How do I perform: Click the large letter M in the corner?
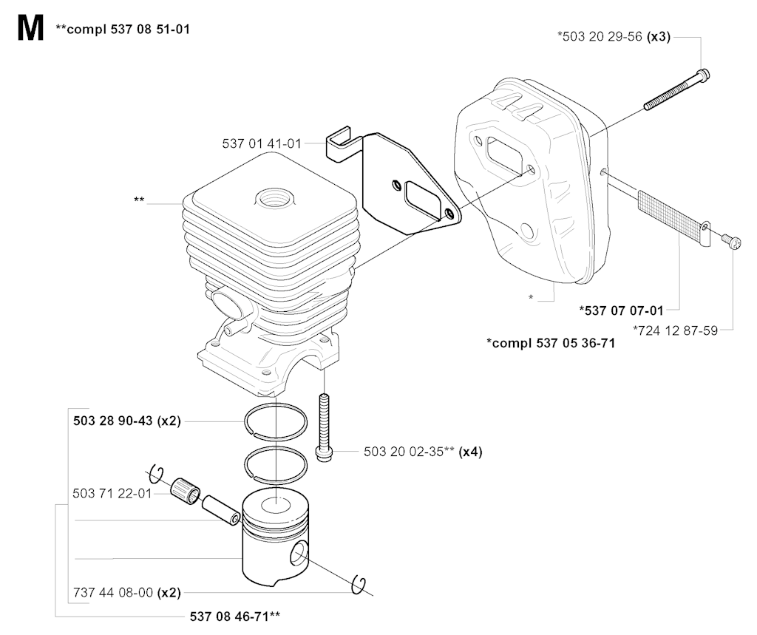point(30,29)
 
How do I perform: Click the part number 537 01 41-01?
point(261,143)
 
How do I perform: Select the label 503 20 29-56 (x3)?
point(614,37)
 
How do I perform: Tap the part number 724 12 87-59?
point(676,330)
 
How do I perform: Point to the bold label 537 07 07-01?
point(621,310)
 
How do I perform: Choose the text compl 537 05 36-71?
point(551,343)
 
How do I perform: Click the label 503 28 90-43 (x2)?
point(127,421)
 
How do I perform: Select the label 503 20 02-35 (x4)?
point(423,452)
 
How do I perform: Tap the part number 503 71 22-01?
point(112,493)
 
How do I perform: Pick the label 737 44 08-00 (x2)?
point(127,592)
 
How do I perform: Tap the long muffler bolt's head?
point(704,75)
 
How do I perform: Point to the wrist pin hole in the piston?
point(299,554)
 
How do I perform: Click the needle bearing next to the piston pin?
point(185,491)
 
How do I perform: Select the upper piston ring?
point(276,421)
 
